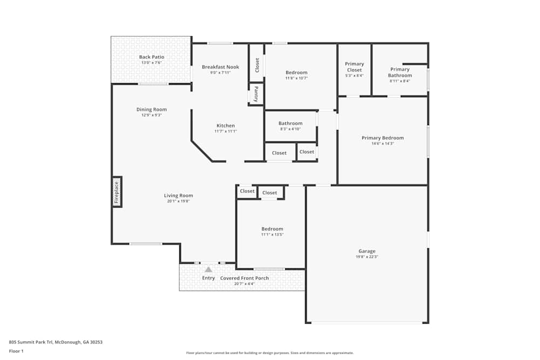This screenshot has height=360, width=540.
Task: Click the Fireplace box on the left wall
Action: pos(117,192)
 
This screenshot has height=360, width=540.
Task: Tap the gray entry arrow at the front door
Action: pos(208,269)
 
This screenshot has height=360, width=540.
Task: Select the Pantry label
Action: pos(256,94)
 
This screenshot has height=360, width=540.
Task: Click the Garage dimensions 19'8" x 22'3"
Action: pos(367,257)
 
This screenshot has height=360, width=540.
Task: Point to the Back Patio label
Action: pos(151,57)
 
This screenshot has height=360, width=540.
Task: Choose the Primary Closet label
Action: pos(354,66)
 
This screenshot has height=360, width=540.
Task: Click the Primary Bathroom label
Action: pos(400,72)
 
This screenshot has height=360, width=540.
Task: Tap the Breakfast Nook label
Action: pos(220,67)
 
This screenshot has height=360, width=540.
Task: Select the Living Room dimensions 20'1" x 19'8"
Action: pos(178,201)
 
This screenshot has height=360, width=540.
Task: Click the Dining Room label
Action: pos(151,110)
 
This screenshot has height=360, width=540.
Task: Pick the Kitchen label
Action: pos(225,126)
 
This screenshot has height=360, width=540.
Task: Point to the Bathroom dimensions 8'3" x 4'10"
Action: pos(291,129)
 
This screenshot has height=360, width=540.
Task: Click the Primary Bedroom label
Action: pos(382,138)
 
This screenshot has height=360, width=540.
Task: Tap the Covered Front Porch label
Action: pos(244,278)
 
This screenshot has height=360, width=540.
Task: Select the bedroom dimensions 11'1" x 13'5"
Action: pos(272,235)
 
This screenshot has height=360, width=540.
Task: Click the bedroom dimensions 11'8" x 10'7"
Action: pos(296,78)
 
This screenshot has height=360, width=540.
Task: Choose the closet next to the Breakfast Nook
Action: pos(257,65)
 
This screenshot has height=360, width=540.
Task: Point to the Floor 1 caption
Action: pos(17,351)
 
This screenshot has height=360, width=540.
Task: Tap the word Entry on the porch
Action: pos(208,278)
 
